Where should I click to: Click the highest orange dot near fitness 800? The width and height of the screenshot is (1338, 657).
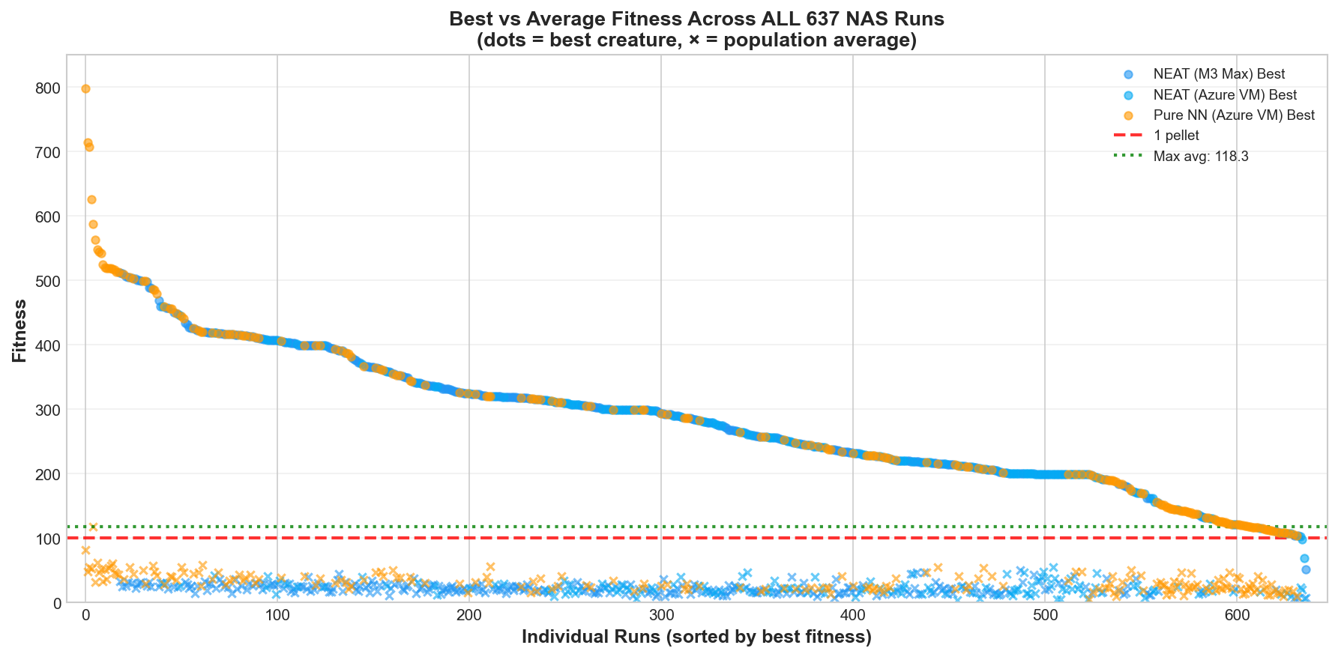(x=85, y=88)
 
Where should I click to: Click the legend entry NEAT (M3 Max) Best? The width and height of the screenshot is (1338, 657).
(x=1219, y=74)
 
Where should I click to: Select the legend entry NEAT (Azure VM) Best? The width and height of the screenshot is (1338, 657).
(x=1225, y=95)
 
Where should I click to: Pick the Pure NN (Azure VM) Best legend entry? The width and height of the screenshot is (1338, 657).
(x=1234, y=115)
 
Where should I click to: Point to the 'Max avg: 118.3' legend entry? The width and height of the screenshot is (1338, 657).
(x=1200, y=157)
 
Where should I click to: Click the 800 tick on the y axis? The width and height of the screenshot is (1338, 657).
(x=48, y=88)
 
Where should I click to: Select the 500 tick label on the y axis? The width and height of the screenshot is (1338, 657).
(x=48, y=281)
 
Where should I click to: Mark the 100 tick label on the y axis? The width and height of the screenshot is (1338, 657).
(x=48, y=539)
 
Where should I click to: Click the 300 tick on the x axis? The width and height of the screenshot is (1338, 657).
(x=660, y=616)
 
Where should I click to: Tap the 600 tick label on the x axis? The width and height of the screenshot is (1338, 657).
(x=1236, y=616)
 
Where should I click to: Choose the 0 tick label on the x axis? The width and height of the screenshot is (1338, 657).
(x=85, y=616)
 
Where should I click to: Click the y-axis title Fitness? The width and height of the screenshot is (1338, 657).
(x=19, y=330)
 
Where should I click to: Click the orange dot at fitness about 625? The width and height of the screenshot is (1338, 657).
(x=91, y=199)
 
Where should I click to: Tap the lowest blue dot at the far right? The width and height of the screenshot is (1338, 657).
(x=1306, y=569)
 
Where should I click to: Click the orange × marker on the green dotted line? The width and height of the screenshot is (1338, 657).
(x=93, y=527)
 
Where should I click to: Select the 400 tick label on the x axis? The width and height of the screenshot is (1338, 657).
(x=852, y=616)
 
